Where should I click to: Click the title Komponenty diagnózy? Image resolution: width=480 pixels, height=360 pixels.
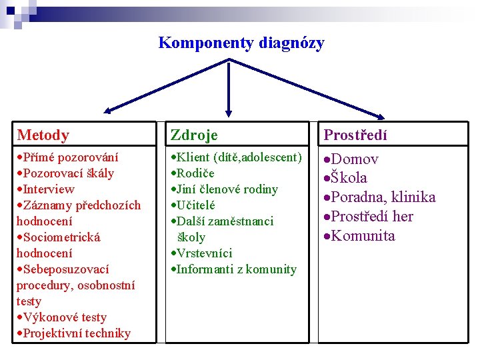pos(241,43)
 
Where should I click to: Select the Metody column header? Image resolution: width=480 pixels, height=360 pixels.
pos(43,135)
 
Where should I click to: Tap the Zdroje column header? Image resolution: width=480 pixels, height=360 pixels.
pos(194,135)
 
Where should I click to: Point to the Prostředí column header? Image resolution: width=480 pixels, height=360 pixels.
pos(355,135)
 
